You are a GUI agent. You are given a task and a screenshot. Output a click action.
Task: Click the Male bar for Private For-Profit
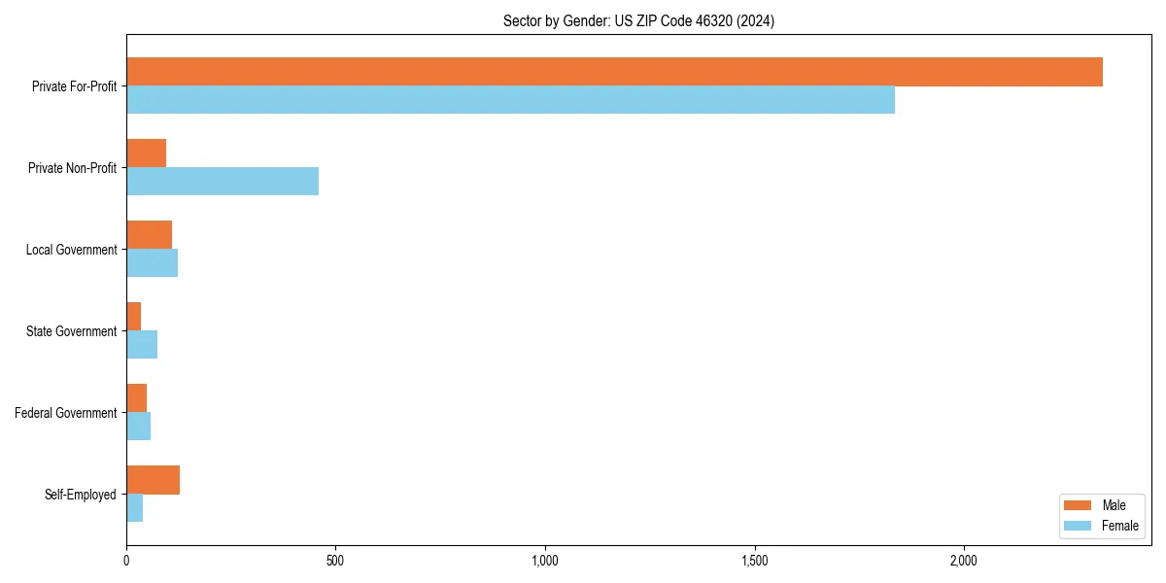pyautogui.click(x=614, y=72)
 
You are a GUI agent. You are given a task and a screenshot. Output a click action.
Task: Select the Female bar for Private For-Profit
pyautogui.click(x=510, y=100)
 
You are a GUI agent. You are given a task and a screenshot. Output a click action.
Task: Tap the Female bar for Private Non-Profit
pyautogui.click(x=223, y=182)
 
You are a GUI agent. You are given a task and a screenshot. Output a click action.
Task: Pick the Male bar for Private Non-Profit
pyautogui.click(x=146, y=154)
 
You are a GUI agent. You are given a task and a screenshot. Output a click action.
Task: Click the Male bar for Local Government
pyautogui.click(x=149, y=235)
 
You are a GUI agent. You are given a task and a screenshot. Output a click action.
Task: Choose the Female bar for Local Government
pyautogui.click(x=152, y=263)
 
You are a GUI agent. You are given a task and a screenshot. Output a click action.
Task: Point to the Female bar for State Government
pyautogui.click(x=142, y=345)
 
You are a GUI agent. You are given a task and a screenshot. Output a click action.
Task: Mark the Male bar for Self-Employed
pyautogui.click(x=153, y=480)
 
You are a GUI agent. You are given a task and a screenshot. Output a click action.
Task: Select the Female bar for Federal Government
pyautogui.click(x=138, y=427)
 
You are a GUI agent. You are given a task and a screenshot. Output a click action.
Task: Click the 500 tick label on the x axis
pyautogui.click(x=335, y=562)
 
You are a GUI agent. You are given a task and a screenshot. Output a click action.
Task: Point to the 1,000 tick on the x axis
pyautogui.click(x=545, y=562)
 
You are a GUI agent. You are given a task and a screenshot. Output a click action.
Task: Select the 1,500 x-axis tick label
pyautogui.click(x=755, y=562)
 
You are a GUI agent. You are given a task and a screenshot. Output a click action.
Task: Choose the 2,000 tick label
pyautogui.click(x=964, y=562)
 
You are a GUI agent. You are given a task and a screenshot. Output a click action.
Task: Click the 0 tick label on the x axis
pyautogui.click(x=126, y=562)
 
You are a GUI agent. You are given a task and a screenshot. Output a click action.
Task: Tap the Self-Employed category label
pyautogui.click(x=81, y=495)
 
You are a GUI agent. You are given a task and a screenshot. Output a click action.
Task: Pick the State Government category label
pyautogui.click(x=72, y=331)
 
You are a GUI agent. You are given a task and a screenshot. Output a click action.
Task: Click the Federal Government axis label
pyautogui.click(x=66, y=413)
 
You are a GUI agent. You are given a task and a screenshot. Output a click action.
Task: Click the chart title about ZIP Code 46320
pyautogui.click(x=638, y=20)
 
